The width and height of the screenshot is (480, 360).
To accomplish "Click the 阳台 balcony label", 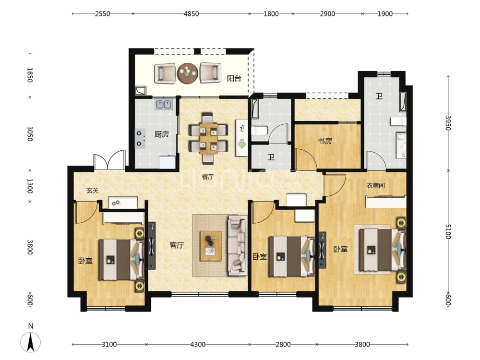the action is click(x=234, y=78).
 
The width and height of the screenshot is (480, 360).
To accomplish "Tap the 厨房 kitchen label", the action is click(x=161, y=134).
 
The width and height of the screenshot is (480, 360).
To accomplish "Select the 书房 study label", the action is click(x=325, y=141).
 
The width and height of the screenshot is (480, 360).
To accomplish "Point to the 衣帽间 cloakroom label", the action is click(x=376, y=185).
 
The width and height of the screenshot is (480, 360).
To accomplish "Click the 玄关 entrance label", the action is click(x=93, y=191).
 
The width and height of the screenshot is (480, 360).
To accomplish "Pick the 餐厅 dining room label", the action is click(x=208, y=177).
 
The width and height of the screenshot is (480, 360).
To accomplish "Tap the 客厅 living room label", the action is click(x=177, y=245).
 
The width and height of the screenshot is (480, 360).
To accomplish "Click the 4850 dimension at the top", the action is click(x=192, y=14).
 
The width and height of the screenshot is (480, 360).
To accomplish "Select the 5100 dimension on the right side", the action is click(x=448, y=232).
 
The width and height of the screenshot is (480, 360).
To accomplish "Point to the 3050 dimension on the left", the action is click(x=30, y=134).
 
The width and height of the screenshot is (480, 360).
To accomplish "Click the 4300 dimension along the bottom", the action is click(x=198, y=344).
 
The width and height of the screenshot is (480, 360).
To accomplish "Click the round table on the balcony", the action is click(x=188, y=73).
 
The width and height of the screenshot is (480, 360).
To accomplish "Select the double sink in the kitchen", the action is click(x=164, y=104).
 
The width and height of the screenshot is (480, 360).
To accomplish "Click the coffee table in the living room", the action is click(x=211, y=246).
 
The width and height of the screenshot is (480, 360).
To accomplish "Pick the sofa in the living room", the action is click(x=238, y=245).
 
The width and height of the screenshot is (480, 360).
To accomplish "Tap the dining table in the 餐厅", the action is click(x=208, y=138).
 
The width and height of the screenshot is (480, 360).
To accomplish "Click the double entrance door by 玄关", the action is click(x=109, y=159).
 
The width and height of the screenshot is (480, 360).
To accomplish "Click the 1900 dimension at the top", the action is click(x=385, y=14).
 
